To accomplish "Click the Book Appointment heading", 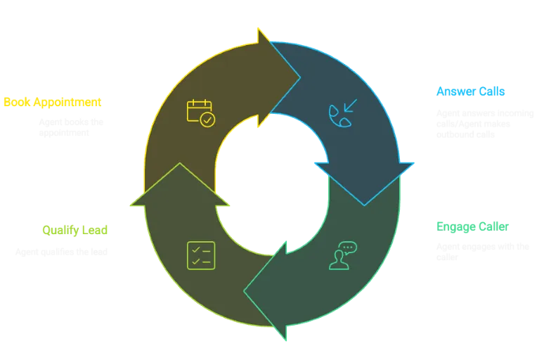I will click(52, 102).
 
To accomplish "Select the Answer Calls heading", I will click(469, 91).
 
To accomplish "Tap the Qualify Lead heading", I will click(75, 230).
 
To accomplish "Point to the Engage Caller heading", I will click(471, 226).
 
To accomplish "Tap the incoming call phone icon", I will click(342, 114).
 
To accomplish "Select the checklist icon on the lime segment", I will click(201, 255).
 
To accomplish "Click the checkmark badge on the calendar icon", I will click(207, 120).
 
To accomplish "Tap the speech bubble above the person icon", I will click(349, 247).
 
